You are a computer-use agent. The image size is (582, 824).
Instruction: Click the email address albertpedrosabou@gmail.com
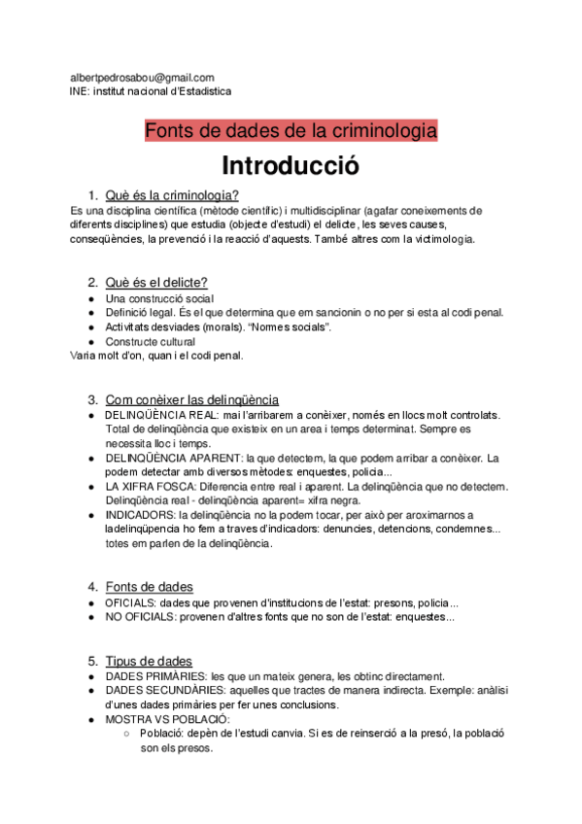click(142, 78)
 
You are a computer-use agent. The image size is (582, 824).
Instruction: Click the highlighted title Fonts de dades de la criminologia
click(291, 130)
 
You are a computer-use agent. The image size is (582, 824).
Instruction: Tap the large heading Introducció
click(291, 165)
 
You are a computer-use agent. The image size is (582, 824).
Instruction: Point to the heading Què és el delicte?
click(156, 282)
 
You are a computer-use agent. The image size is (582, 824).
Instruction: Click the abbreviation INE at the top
click(80, 91)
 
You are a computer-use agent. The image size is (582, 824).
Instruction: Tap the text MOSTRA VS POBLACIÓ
click(168, 719)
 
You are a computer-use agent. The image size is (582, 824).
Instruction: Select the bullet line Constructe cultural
click(151, 341)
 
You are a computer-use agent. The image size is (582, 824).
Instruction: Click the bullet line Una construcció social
click(159, 297)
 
